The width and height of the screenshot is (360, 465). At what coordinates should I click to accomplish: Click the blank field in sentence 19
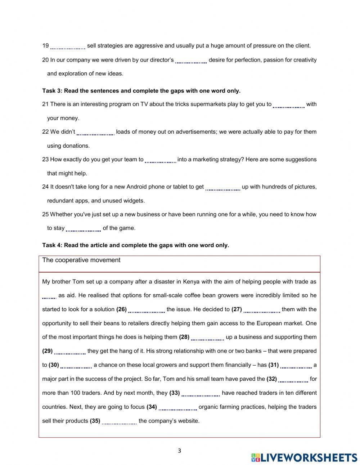[x=68, y=46]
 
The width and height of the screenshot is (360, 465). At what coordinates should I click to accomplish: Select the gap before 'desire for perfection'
[x=191, y=61]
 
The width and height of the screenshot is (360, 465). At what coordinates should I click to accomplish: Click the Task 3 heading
[x=141, y=91]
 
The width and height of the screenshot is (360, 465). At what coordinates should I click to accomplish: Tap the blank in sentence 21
[x=289, y=105]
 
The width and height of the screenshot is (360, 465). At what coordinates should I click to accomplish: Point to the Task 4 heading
[x=135, y=245]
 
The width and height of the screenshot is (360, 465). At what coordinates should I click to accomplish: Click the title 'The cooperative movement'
[x=81, y=260]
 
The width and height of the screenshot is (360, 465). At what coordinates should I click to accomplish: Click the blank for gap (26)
[x=147, y=310]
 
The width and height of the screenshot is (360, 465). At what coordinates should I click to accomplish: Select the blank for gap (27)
[x=262, y=310]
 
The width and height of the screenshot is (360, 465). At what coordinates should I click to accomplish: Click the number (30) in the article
[x=54, y=365]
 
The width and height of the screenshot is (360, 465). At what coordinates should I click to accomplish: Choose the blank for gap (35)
[x=119, y=421]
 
